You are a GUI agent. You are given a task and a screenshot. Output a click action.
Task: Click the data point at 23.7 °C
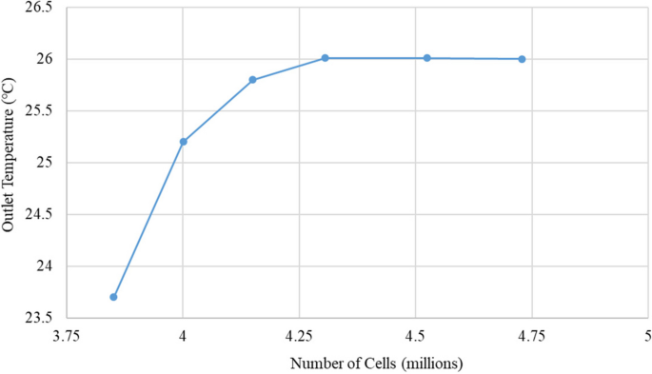[x=113, y=297]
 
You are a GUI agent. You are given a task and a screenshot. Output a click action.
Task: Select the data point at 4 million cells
[x=183, y=142]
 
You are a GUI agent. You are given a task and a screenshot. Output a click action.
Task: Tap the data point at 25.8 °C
[x=252, y=80]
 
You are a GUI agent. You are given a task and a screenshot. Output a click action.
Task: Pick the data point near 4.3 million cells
[x=325, y=58]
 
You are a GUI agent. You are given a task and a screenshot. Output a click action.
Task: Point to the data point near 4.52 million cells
[x=427, y=58]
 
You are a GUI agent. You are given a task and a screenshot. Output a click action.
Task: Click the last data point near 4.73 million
[x=522, y=59]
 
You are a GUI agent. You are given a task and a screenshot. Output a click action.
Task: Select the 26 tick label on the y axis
[x=47, y=59]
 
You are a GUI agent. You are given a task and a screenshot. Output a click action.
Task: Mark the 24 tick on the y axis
[x=47, y=266]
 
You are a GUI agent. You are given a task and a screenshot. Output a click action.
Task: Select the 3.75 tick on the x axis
[x=67, y=335]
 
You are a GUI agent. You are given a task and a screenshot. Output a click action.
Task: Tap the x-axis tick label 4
[x=183, y=335]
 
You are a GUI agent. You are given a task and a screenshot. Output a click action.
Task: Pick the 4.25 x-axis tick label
[x=299, y=335]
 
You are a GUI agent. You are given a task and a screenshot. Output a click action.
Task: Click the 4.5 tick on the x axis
[x=415, y=335]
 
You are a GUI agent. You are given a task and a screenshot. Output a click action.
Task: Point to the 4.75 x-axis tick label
[x=531, y=335]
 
